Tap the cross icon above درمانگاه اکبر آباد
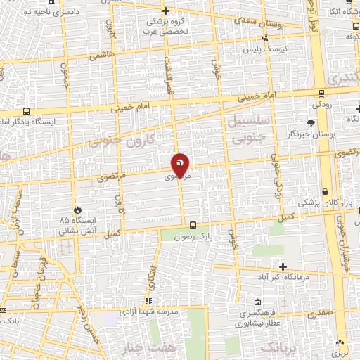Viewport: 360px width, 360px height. [x=283, y=266]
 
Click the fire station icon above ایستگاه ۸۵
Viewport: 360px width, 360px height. [x=78, y=210]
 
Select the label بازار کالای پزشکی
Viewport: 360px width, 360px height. [x=324, y=203]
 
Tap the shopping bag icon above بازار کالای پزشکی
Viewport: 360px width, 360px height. [x=326, y=191]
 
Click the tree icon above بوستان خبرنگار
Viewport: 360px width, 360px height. [x=311, y=123]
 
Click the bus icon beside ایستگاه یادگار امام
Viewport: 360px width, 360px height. [x=26, y=110]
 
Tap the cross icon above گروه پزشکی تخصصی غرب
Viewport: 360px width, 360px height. [x=165, y=11]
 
